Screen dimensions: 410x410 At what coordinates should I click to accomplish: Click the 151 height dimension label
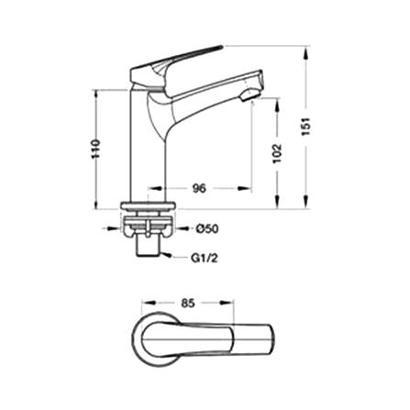tap(306, 127)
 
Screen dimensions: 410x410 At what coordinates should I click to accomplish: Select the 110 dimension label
tap(96, 149)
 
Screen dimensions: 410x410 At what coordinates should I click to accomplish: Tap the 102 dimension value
tap(277, 153)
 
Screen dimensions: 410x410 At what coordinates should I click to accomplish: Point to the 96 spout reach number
tap(199, 188)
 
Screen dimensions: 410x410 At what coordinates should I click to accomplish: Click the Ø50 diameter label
tap(207, 228)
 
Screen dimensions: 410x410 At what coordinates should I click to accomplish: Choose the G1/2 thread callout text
tap(205, 259)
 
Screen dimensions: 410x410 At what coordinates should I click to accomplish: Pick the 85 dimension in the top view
tap(188, 304)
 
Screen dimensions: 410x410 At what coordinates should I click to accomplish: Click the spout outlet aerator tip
tap(249, 95)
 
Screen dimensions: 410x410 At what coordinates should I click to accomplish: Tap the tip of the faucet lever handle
tap(221, 47)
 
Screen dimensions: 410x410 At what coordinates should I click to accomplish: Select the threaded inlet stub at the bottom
tap(148, 247)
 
